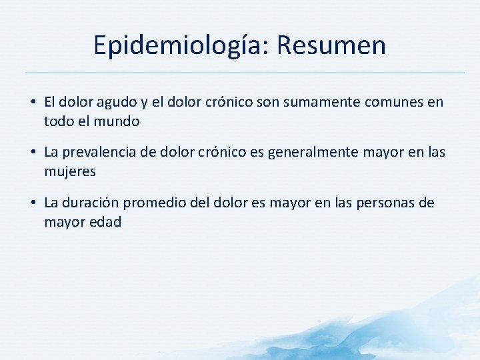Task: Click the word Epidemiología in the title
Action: coord(181,45)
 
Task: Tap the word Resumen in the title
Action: coord(331,45)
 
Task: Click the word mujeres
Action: coord(70,172)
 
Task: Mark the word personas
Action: coord(381,203)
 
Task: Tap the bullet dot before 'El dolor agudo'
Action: coord(33,103)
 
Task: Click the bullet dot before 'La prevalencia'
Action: coord(33,153)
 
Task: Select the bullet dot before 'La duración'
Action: coord(33,203)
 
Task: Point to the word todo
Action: coord(58,122)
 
